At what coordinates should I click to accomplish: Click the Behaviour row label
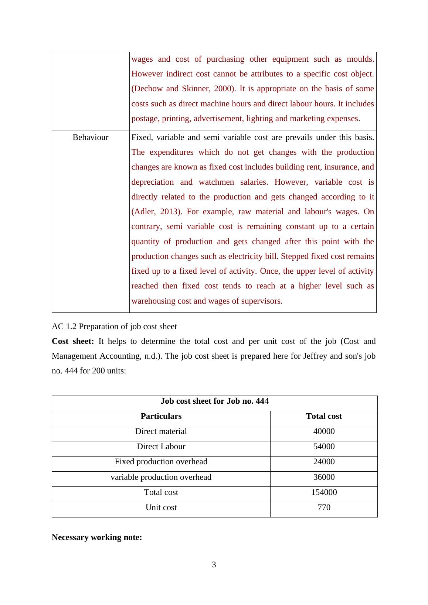point(91,137)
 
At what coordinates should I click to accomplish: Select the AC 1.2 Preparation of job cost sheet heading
point(114,327)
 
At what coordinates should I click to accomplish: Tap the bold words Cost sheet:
point(73,341)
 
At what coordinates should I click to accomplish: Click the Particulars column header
point(161,416)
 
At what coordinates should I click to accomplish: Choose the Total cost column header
point(324,416)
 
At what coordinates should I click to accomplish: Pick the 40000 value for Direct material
point(324,431)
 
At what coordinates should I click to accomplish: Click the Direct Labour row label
point(161,447)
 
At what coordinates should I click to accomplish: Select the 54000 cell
point(324,447)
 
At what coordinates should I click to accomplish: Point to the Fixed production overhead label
point(161,462)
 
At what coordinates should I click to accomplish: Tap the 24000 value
point(324,462)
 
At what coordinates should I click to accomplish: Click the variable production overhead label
point(161,477)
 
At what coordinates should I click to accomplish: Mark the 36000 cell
point(324,477)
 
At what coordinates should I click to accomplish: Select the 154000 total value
point(324,492)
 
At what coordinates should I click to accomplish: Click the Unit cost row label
point(161,507)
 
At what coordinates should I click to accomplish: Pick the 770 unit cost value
point(324,507)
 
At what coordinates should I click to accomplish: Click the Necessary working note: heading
point(97,537)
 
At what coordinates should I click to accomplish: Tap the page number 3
point(214,565)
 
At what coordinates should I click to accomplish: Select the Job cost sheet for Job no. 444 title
point(215,401)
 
